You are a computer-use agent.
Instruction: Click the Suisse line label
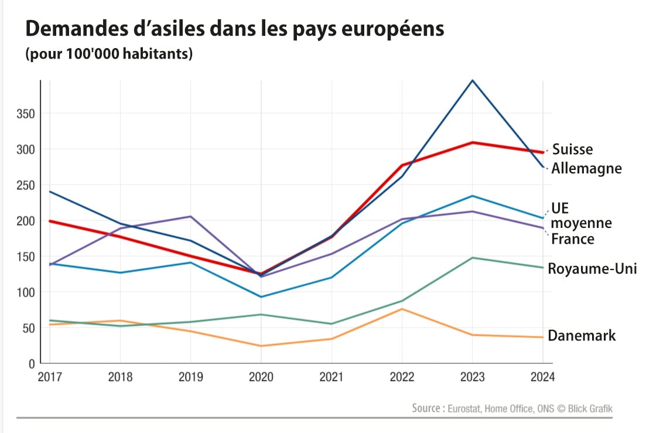(x=572, y=149)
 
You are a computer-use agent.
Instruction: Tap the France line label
(x=573, y=239)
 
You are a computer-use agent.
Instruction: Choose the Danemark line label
(x=582, y=336)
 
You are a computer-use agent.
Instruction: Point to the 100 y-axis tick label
(x=25, y=292)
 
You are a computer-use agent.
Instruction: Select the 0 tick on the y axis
(x=32, y=364)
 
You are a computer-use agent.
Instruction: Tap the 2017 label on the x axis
(x=50, y=377)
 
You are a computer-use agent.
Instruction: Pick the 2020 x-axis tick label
(x=261, y=377)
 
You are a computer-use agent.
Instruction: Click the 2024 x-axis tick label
(x=543, y=377)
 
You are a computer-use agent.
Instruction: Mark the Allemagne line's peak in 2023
(x=473, y=80)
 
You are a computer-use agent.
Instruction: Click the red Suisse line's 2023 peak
(x=473, y=142)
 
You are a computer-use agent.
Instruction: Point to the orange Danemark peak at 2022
(x=402, y=309)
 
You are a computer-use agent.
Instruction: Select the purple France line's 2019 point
(x=191, y=216)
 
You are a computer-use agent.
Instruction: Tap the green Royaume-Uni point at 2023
(x=473, y=258)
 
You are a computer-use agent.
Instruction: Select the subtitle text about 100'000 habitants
(x=109, y=54)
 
